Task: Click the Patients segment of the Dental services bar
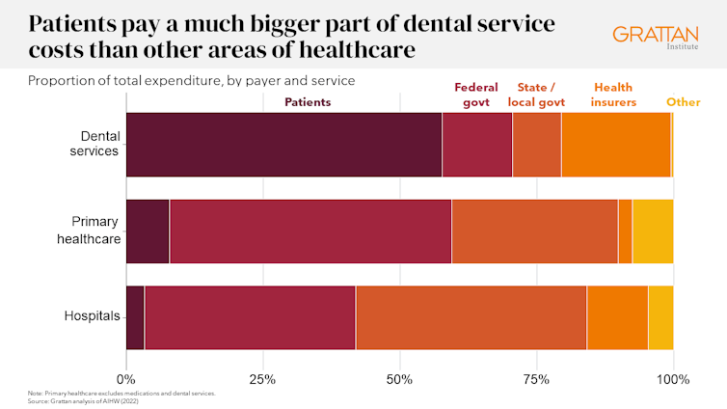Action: pyautogui.click(x=283, y=145)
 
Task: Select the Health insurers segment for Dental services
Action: pyautogui.click(x=615, y=145)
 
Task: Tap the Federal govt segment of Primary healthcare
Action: pyautogui.click(x=310, y=232)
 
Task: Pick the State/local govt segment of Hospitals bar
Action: pyautogui.click(x=471, y=318)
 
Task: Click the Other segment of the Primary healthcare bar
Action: pyautogui.click(x=653, y=232)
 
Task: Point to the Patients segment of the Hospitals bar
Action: pyautogui.click(x=135, y=318)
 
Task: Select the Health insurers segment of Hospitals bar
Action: pyautogui.click(x=617, y=318)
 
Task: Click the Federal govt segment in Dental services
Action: pyautogui.click(x=476, y=145)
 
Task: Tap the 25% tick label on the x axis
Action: pyautogui.click(x=262, y=379)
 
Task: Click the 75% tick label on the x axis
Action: pyautogui.click(x=536, y=379)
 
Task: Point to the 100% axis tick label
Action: pyautogui.click(x=672, y=379)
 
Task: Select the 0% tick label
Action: pyautogui.click(x=126, y=379)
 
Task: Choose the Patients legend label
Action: pyautogui.click(x=308, y=101)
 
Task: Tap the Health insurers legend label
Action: pyautogui.click(x=615, y=95)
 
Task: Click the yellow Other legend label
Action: pyautogui.click(x=684, y=101)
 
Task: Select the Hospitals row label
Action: pyautogui.click(x=91, y=315)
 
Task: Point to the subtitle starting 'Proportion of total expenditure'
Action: pyautogui.click(x=192, y=80)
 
